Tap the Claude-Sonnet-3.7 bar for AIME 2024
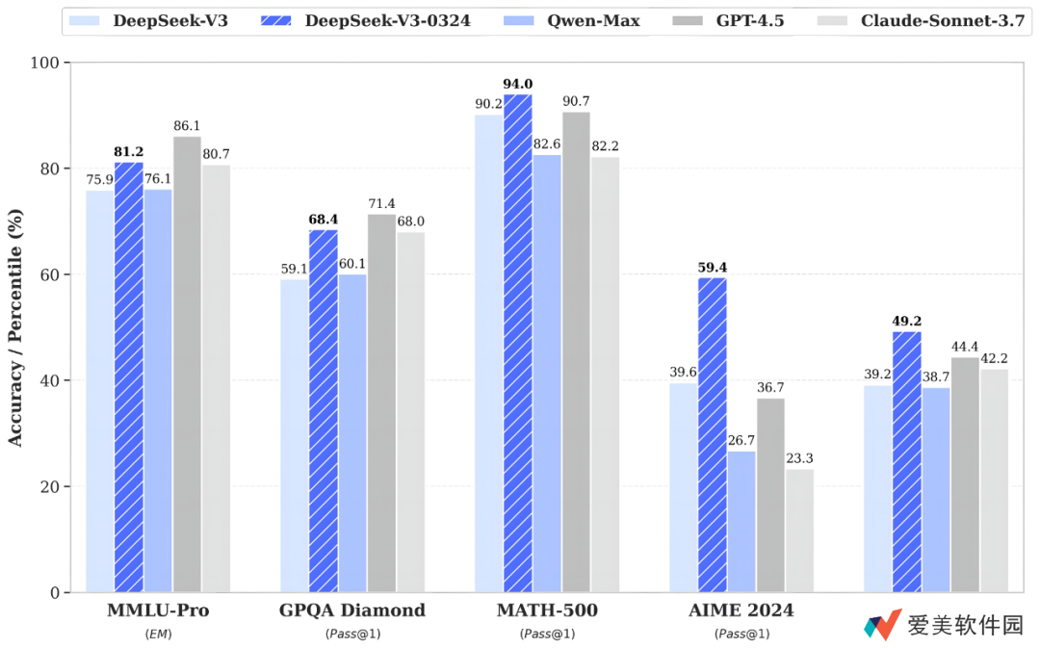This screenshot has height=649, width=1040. pos(799,531)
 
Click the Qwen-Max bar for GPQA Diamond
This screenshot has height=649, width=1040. pos(352,433)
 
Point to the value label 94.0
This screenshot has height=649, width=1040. pos(517,85)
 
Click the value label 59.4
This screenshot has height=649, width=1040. pos(712,268)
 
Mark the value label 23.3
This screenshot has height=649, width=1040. pos(799,459)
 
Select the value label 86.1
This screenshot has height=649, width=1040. pos(187,126)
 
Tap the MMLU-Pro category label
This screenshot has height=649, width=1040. pos(158,610)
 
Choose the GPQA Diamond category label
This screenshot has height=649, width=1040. pos(352,610)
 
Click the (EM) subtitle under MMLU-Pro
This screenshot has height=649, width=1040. pos(158,634)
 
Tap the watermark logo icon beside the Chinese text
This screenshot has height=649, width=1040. pos(882,625)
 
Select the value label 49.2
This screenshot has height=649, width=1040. pos(906,322)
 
